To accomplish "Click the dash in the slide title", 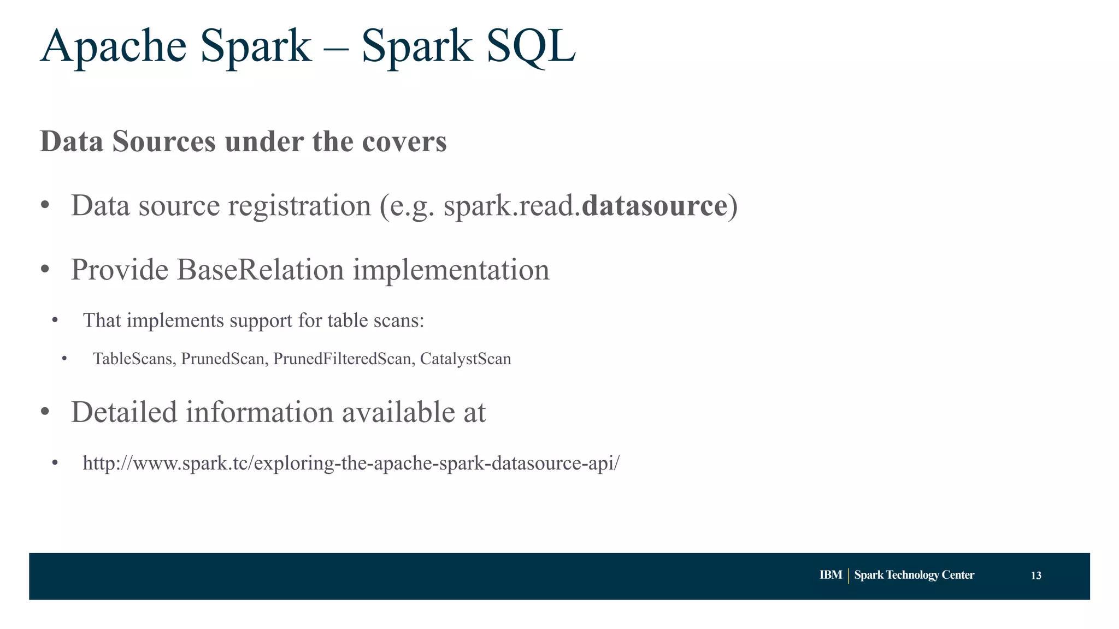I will (336, 48).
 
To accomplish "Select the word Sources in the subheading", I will (164, 141).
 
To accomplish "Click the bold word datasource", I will (654, 206).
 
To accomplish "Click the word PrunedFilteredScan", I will (342, 359).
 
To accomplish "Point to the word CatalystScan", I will (466, 359).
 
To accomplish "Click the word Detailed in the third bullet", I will (124, 412).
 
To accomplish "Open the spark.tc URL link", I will (351, 463).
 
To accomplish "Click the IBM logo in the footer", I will (831, 575).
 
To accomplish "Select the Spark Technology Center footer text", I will (914, 575).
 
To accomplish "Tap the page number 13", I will (1035, 575).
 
